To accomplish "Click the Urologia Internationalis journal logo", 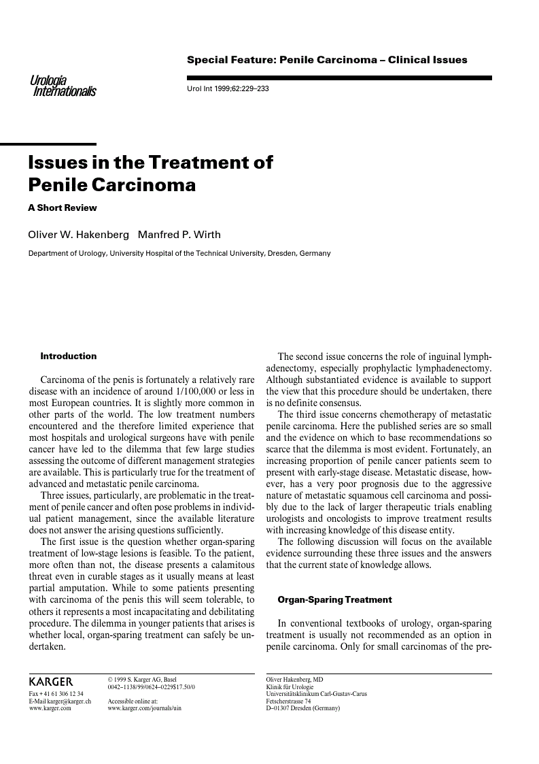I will [63, 86].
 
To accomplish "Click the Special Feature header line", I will [327, 60].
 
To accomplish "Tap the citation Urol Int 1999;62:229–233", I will [228, 89].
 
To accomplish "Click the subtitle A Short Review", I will [63, 207].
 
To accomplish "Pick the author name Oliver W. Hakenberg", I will [78, 235].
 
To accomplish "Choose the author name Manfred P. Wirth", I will [179, 235].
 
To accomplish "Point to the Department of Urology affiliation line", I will [179, 254].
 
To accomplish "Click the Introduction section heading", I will [69, 356].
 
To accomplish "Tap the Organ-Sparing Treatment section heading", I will [334, 599].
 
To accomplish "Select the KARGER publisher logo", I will [51, 682].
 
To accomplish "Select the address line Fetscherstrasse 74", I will [288, 701].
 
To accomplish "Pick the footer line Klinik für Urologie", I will [290, 686].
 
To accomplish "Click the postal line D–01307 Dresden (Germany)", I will [302, 708].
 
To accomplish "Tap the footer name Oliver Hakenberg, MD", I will [294, 679].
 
